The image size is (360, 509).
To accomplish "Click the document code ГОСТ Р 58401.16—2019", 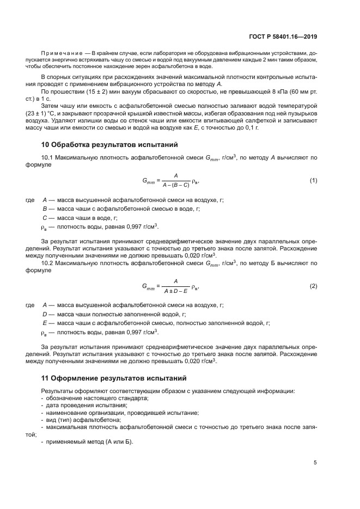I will (x=290, y=36).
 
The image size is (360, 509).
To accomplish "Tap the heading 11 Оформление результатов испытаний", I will (x=114, y=377).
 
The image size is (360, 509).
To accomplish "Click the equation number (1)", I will (x=313, y=180).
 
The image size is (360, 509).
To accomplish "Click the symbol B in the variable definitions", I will (x=44, y=208).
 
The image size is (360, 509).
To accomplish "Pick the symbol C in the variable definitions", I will (x=44, y=217).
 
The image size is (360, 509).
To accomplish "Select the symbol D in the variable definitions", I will (x=44, y=314).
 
